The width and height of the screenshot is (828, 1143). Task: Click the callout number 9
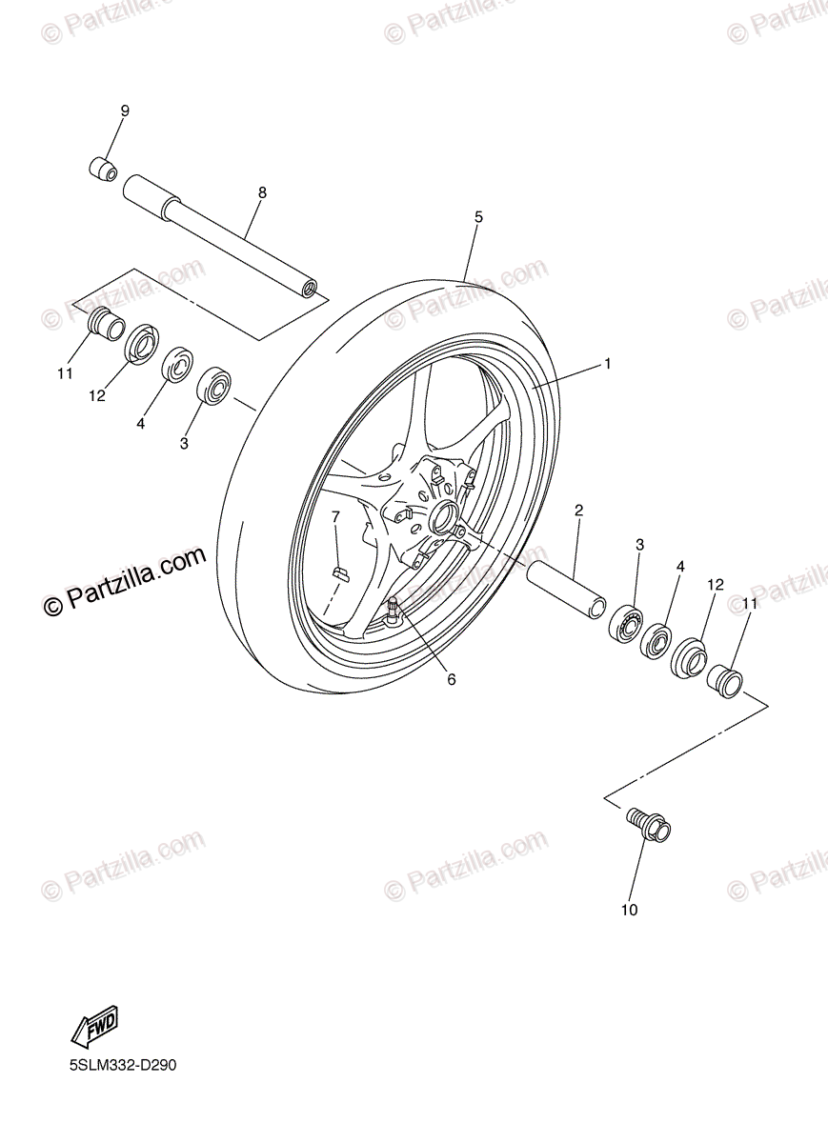pos(124,110)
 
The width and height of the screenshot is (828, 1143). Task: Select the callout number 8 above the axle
pos(262,192)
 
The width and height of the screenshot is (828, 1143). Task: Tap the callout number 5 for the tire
pos(478,217)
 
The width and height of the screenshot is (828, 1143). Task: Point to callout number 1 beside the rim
pos(606,364)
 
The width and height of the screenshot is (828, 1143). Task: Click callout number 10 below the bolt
pos(629,910)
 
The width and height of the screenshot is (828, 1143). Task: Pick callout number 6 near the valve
pos(451,679)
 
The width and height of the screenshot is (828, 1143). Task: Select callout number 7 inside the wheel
pos(335,516)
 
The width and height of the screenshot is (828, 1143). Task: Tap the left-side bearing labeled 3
pos(214,385)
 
